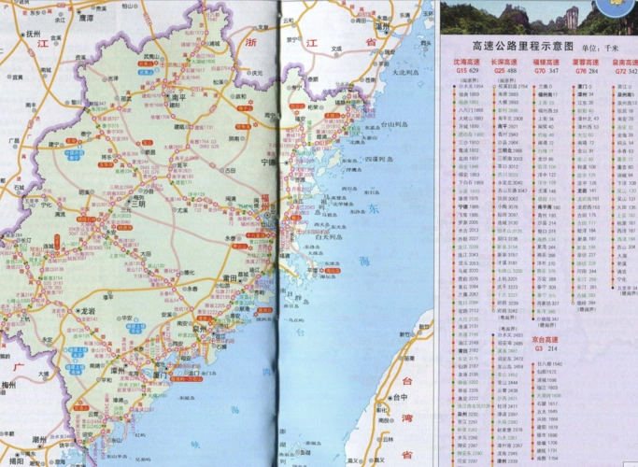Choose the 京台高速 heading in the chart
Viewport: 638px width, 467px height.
coord(547,339)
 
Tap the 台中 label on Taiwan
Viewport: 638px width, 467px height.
coord(402,395)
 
